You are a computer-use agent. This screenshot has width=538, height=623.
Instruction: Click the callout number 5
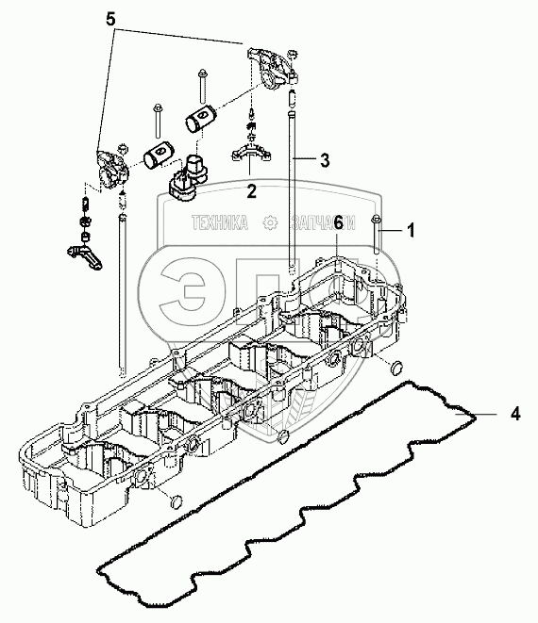[110, 19]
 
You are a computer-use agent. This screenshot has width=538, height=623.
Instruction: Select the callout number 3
[325, 160]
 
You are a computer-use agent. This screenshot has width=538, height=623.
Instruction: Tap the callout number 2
[251, 191]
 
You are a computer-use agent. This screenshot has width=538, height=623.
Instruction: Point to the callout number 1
[411, 231]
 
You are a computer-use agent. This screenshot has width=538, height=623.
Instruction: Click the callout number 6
[338, 222]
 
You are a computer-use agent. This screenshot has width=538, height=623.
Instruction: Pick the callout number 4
[515, 414]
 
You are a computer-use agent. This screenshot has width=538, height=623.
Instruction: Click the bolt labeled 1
[377, 235]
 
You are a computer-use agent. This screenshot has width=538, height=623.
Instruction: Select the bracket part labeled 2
[251, 153]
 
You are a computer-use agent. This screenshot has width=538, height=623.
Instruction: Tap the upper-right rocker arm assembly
[272, 67]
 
